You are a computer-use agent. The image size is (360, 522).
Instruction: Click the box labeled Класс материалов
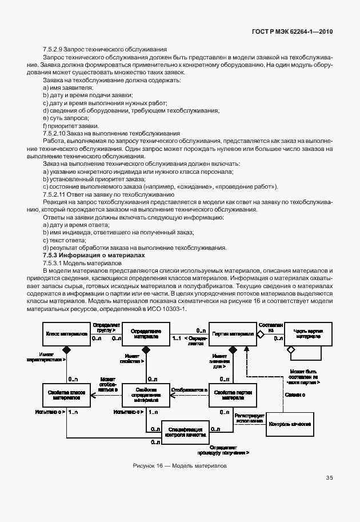tap(66, 333)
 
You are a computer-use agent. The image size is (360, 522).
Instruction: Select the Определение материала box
tap(146, 333)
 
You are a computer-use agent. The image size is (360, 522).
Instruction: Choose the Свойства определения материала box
tap(146, 395)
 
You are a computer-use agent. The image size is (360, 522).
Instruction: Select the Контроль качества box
tap(290, 424)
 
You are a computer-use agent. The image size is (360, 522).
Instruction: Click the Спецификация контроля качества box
tap(185, 432)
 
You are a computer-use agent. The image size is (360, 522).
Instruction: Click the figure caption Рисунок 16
tap(179, 465)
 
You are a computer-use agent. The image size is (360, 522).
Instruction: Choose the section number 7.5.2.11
tap(57, 194)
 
